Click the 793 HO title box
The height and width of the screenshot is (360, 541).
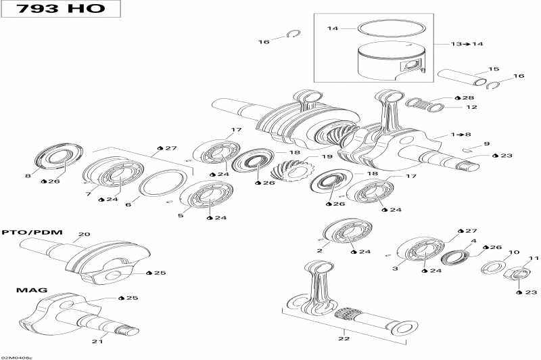(61, 9)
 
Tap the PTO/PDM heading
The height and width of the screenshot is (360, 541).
(32, 232)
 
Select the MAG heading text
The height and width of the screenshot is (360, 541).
(32, 290)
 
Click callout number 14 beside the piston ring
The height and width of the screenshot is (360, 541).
(333, 28)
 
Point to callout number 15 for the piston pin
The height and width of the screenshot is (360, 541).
(494, 69)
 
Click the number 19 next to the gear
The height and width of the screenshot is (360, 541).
(327, 157)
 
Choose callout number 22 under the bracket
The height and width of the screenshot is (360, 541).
(344, 338)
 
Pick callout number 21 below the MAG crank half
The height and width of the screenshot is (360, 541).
(97, 341)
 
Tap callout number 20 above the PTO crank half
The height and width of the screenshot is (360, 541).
(84, 234)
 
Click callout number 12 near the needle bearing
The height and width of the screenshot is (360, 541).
(471, 108)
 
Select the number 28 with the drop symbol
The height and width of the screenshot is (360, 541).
(465, 98)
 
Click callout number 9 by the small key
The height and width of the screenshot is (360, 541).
(486, 143)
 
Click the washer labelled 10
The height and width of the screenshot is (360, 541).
(494, 267)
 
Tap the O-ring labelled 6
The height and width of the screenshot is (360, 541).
(163, 183)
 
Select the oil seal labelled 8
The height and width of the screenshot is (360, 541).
(59, 157)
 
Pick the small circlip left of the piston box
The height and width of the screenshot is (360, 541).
(293, 34)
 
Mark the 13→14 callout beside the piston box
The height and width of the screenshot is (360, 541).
(467, 44)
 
